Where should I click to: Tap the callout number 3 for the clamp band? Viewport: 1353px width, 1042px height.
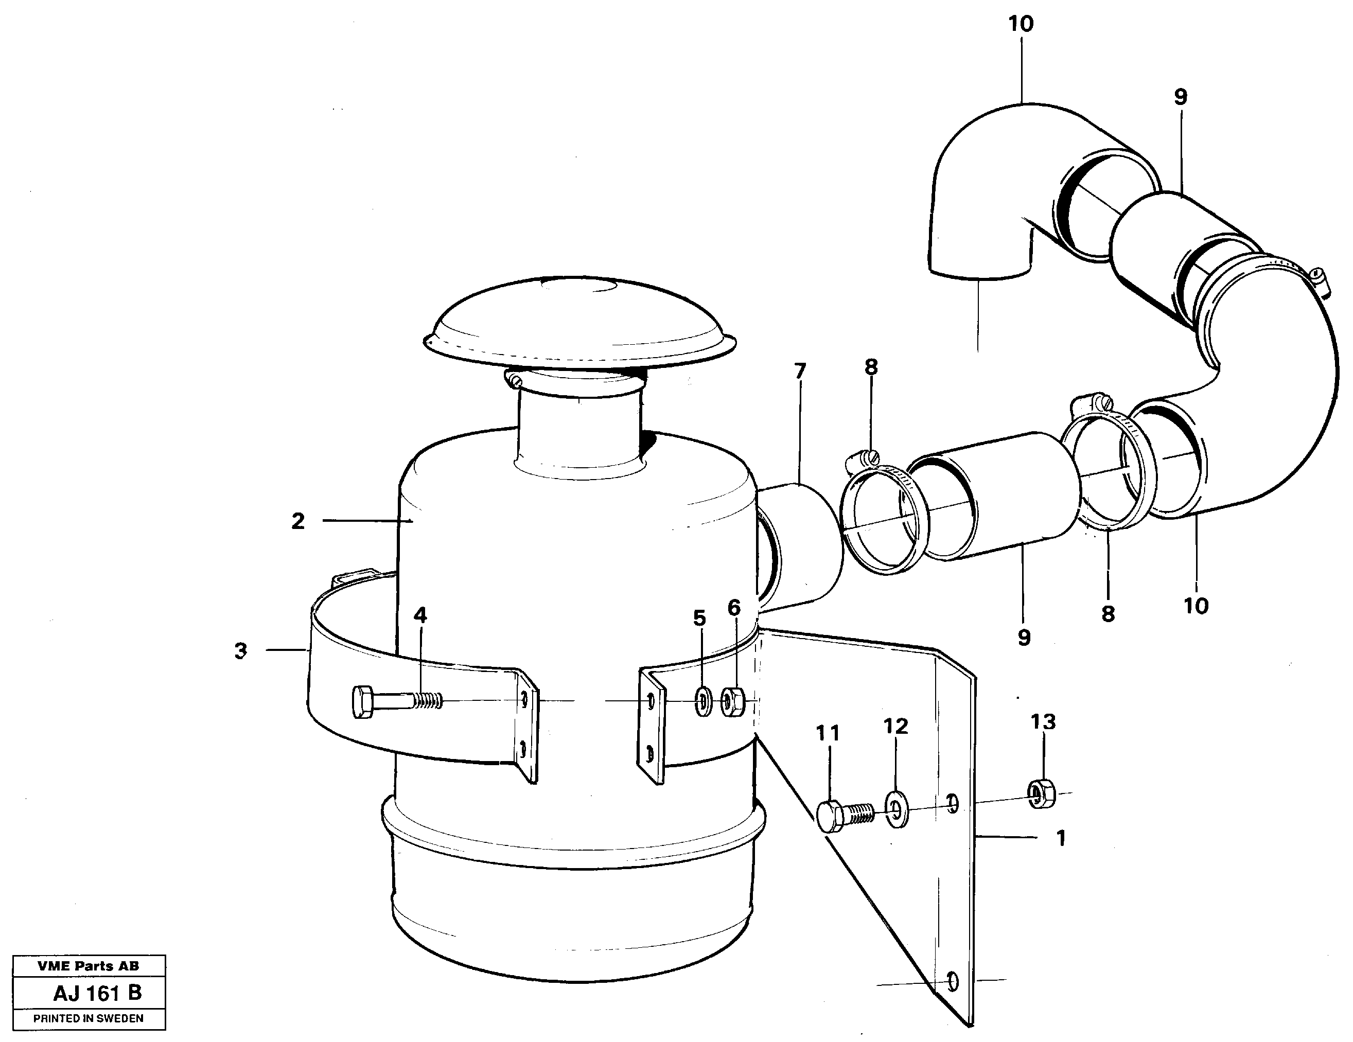(241, 651)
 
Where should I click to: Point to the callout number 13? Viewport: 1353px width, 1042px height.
(1043, 722)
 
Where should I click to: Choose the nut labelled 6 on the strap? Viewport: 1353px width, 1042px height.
(733, 701)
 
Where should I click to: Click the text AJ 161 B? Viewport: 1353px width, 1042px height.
(98, 993)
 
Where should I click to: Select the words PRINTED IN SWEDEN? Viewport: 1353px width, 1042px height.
(89, 1018)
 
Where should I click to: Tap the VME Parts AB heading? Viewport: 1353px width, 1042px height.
(89, 966)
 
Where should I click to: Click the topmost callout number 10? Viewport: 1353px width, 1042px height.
(1021, 25)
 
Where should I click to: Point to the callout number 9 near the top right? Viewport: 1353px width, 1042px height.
(1181, 97)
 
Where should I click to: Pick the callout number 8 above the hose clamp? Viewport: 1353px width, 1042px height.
(871, 367)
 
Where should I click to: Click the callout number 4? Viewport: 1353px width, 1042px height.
(420, 615)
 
